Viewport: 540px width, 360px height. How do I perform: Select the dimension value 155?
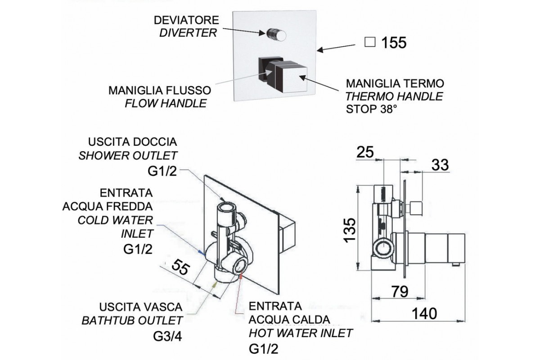394,43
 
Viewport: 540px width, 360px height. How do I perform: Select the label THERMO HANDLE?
394,96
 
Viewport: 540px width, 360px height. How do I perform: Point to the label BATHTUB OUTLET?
132,320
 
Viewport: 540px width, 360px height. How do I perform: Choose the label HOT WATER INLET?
301,333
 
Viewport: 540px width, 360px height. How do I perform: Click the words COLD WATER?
115,220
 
